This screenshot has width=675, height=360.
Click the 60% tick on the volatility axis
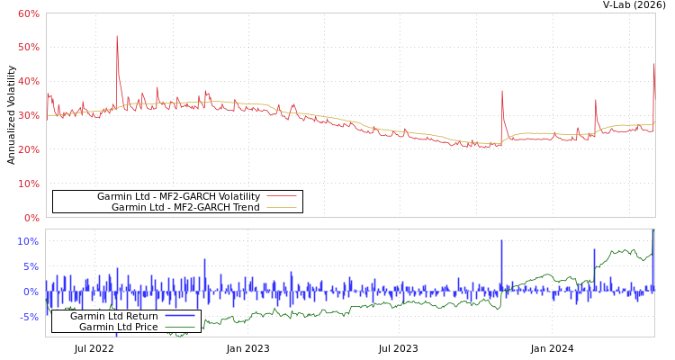[x=28, y=13]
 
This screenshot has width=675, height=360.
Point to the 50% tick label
[x=28, y=47]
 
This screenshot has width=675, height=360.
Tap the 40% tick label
[x=28, y=81]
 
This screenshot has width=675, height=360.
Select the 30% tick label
[x=28, y=115]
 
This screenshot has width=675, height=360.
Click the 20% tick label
[x=28, y=149]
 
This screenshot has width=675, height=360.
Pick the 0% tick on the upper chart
[x=31, y=218]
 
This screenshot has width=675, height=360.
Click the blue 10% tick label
[x=28, y=241]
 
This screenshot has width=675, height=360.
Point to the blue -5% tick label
[x=28, y=317]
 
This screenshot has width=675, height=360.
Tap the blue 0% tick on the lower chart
[x=31, y=292]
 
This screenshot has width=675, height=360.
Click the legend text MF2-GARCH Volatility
[x=178, y=196]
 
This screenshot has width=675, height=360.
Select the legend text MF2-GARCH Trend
[x=185, y=207]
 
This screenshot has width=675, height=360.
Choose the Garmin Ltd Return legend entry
[x=113, y=316]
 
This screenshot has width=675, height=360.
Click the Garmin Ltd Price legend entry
[x=118, y=327]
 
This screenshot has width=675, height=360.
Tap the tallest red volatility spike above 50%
[x=117, y=38]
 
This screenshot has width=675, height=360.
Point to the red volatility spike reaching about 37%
[x=502, y=91]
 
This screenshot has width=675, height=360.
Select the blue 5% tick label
[x=30, y=266]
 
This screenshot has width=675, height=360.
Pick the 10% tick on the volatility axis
[x=28, y=184]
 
